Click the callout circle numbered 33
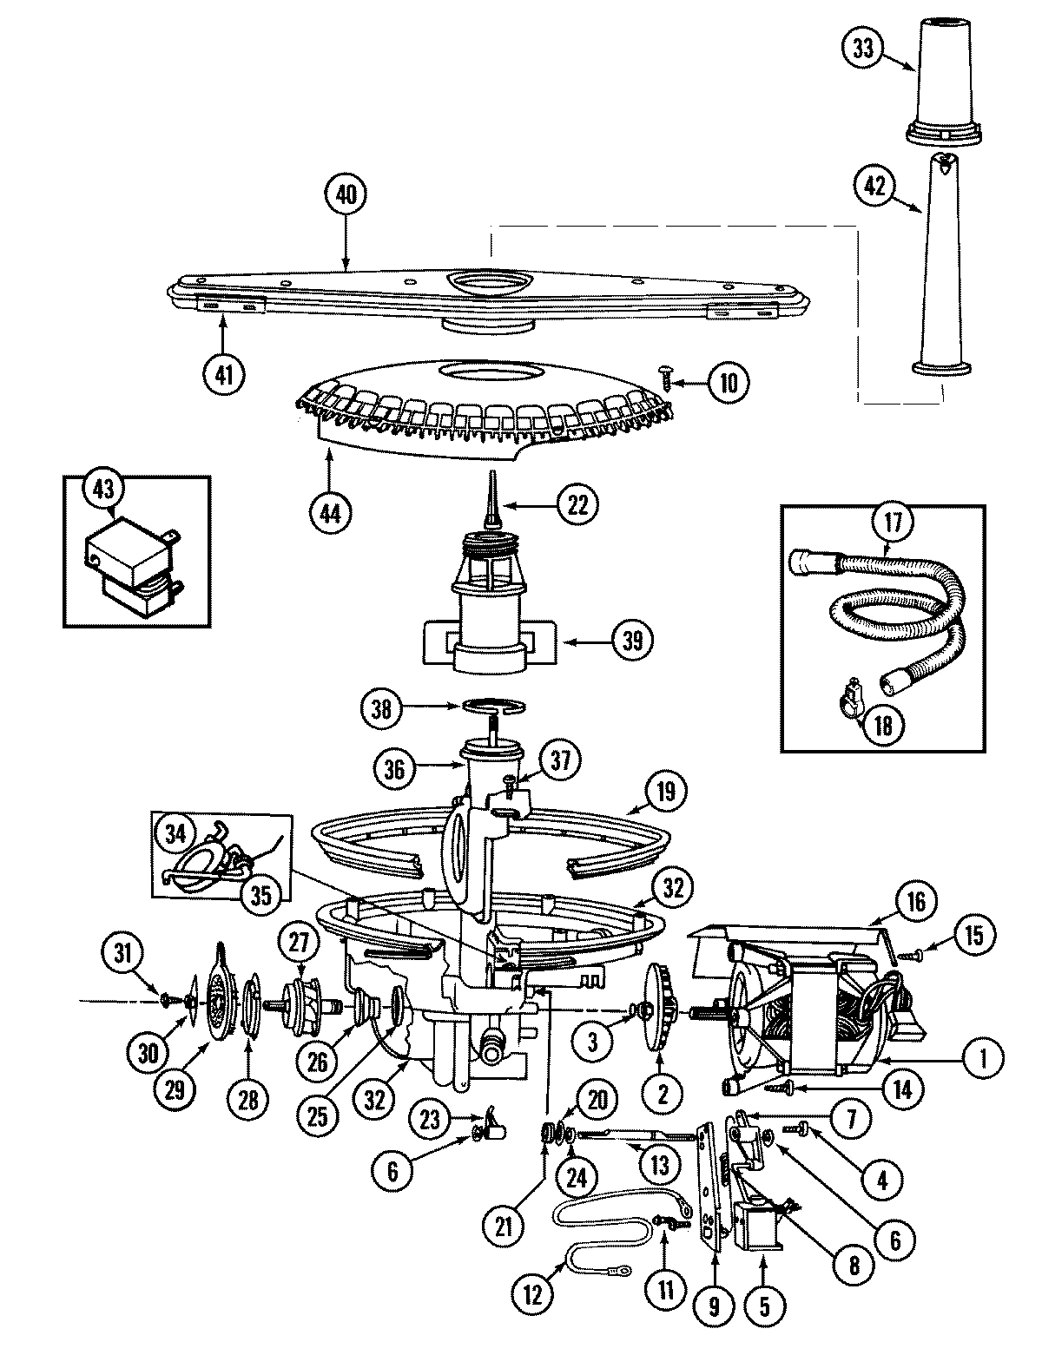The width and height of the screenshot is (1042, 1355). (x=862, y=49)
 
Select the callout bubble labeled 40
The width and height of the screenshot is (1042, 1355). (x=346, y=195)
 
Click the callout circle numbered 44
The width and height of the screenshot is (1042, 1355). (x=329, y=512)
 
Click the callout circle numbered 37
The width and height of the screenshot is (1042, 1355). (x=561, y=761)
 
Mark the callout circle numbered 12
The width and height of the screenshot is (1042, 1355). (x=532, y=1295)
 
